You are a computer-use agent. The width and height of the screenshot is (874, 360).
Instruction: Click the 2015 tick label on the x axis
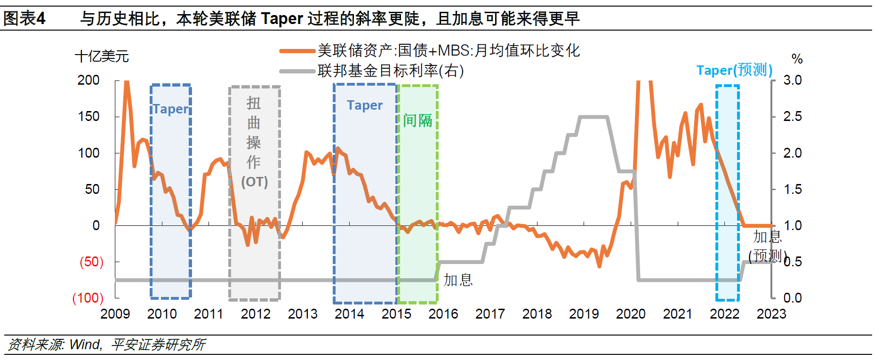[396, 314]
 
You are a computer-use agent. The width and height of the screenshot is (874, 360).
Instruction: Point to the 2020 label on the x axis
[631, 314]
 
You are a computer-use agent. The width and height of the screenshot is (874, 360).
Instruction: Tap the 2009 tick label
[115, 314]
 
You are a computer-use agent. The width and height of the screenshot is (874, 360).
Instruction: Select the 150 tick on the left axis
[88, 116]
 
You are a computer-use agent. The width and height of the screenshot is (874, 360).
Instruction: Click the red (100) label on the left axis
[88, 298]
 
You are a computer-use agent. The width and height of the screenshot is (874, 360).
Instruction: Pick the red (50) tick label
[91, 262]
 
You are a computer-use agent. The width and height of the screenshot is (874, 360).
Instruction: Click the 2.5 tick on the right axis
[793, 116]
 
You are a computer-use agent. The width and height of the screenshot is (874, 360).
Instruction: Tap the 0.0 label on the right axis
[793, 298]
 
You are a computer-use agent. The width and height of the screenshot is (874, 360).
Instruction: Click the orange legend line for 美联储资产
[297, 51]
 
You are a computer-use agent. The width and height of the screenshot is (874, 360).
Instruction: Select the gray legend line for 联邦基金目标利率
[297, 71]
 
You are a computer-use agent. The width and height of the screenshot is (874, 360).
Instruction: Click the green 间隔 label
[417, 120]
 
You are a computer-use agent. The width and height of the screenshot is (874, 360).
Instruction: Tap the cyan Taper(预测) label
[734, 70]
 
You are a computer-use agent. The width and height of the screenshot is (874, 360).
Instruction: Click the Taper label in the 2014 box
[365, 105]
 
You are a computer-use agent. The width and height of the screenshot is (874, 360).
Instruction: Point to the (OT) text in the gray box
[254, 182]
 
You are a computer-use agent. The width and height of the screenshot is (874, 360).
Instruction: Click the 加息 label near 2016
[458, 280]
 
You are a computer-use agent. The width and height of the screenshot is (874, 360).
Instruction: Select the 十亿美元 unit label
[102, 56]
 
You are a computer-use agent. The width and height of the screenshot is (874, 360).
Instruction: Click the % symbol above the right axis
[797, 59]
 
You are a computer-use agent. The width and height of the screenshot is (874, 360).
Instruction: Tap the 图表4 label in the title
[24, 19]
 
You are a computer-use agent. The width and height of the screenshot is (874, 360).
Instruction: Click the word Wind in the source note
[85, 344]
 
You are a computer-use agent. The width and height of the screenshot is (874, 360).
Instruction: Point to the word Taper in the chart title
[282, 19]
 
